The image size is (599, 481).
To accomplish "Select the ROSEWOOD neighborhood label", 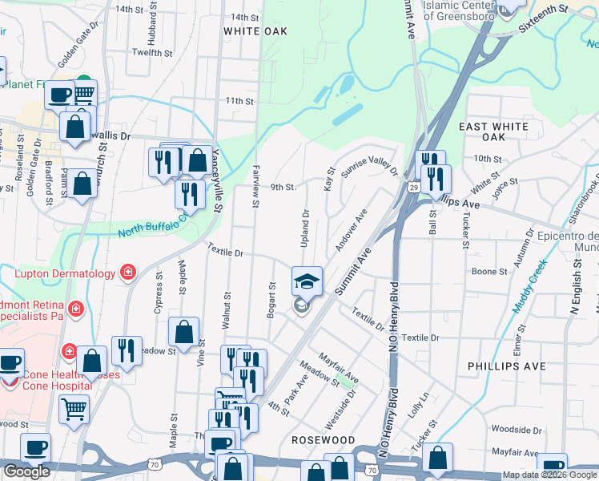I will (x=323, y=440).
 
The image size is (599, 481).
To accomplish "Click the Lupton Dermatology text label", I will (x=66, y=274).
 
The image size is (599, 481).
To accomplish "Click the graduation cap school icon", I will (x=308, y=281).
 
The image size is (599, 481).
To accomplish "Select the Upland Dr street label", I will (x=306, y=224).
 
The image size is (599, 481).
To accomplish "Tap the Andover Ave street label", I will (x=351, y=229).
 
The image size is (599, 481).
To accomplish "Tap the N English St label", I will (x=574, y=292).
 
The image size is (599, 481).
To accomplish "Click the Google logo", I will (x=27, y=471).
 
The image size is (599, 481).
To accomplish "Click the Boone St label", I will (x=489, y=272).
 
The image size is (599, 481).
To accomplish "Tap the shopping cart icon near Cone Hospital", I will (x=74, y=409).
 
